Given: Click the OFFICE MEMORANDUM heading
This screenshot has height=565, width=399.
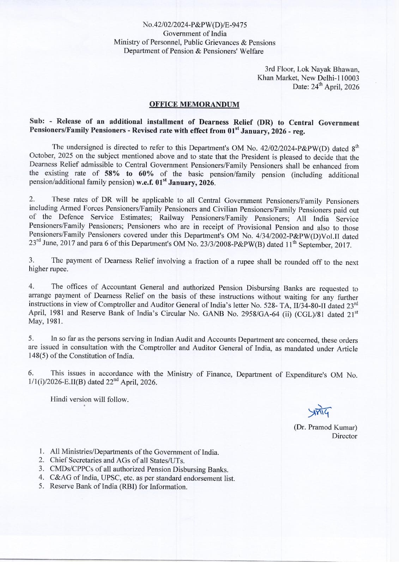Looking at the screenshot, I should click(194, 105).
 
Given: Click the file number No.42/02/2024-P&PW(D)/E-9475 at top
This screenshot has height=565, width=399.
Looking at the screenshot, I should click(195, 25).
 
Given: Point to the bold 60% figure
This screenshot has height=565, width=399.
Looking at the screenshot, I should click(146, 174).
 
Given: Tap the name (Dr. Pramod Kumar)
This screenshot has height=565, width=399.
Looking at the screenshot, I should click(325, 427).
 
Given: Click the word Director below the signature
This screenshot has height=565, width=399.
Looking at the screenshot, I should click(344, 436).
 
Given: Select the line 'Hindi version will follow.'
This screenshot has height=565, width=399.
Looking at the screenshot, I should click(89, 399).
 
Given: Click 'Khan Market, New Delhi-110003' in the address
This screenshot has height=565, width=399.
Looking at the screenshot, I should click(308, 78).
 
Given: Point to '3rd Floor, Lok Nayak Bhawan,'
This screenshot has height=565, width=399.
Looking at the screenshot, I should click(312, 69).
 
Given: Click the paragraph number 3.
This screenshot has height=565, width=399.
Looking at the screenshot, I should click(31, 260).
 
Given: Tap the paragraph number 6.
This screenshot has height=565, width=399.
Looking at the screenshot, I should click(31, 373).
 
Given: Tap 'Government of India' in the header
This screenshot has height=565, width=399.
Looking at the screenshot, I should click(195, 34).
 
